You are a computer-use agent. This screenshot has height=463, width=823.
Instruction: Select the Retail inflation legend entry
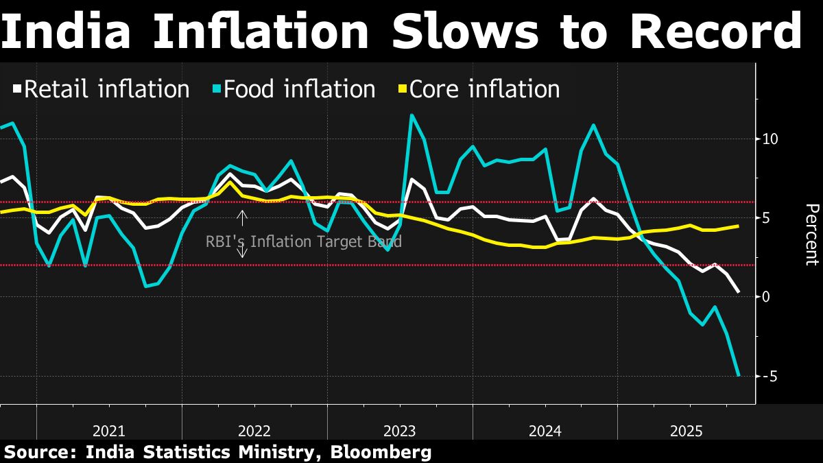(101, 89)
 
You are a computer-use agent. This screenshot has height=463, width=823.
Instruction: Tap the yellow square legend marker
(403, 89)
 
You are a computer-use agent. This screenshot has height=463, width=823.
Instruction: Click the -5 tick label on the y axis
(769, 376)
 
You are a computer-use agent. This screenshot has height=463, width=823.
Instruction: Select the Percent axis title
(811, 234)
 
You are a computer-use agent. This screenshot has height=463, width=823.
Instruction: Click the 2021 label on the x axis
(109, 431)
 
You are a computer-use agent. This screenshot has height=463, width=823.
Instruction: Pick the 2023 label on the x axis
(399, 431)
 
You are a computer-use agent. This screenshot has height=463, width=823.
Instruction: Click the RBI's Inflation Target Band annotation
(304, 241)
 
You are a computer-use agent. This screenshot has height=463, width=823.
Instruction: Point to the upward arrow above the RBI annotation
(241, 217)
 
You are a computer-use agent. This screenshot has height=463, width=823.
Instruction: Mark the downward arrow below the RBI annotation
(241, 252)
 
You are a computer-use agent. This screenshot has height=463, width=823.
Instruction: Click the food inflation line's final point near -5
(738, 375)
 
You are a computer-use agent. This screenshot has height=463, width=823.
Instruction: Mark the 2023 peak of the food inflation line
(411, 115)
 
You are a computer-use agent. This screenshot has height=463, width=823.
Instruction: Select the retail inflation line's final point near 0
(738, 292)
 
